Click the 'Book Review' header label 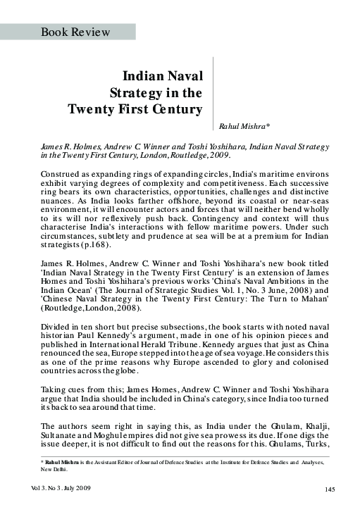(x=75, y=32)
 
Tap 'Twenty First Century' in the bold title (x=135, y=109)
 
